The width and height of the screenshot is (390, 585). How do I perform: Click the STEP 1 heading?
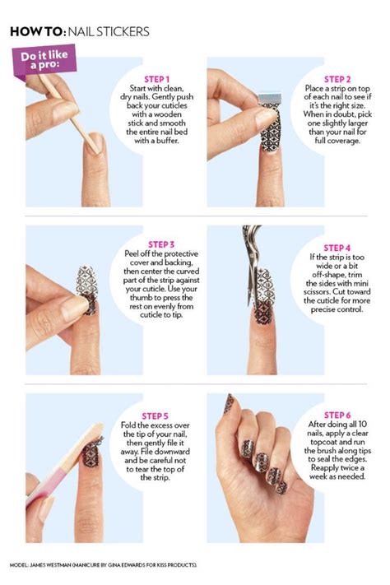click(x=156, y=79)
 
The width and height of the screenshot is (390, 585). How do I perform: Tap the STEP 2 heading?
click(x=337, y=79)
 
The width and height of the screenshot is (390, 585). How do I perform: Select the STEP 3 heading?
click(x=161, y=244)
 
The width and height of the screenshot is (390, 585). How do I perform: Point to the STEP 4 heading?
click(x=337, y=248)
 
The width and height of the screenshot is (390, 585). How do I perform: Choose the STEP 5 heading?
click(x=155, y=416)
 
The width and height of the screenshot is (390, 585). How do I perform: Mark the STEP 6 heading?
click(x=337, y=416)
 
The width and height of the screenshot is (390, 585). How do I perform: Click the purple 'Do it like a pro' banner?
click(x=44, y=60)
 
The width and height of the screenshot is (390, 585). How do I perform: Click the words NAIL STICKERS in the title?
click(x=109, y=32)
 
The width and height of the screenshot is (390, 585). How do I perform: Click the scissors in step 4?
click(x=251, y=261)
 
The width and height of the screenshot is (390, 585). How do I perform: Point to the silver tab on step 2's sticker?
click(x=269, y=99)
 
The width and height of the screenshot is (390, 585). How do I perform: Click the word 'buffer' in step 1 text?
click(x=166, y=141)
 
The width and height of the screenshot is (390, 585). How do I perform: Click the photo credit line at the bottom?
click(x=104, y=565)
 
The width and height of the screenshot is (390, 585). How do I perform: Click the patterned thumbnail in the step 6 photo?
click(x=229, y=403)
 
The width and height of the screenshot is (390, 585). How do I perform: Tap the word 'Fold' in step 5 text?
click(x=128, y=425)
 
